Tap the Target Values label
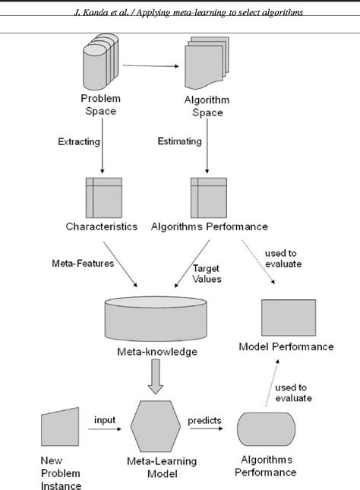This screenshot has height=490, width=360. tap(206, 273)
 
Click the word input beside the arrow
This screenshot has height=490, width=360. tap(105, 419)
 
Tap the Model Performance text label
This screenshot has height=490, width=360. tap(286, 346)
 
